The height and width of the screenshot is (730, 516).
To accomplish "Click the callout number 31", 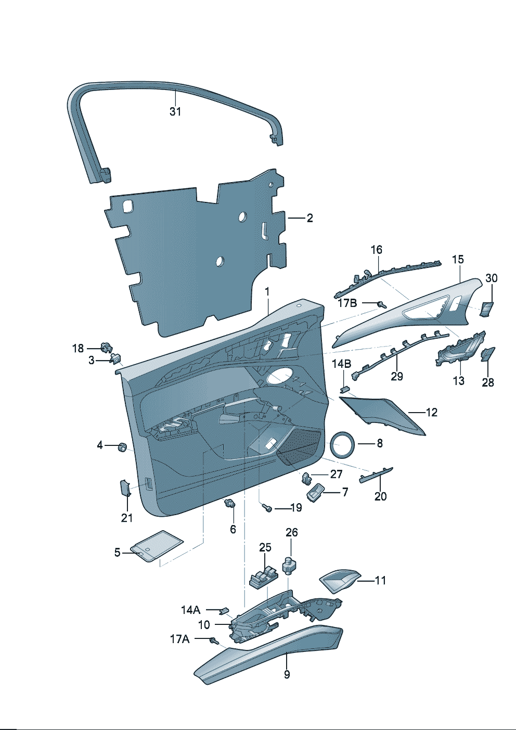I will [175, 111].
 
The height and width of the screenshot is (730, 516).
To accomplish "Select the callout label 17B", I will [347, 303].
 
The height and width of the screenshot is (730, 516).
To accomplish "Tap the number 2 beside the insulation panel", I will [309, 218].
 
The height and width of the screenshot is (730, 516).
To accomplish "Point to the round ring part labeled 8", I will [343, 444].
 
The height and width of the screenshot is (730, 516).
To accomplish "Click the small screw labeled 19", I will [267, 507].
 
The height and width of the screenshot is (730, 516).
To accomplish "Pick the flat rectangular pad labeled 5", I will [156, 546].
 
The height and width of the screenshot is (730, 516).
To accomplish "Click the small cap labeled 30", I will [487, 308].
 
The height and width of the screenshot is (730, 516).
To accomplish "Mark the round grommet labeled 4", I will [123, 446].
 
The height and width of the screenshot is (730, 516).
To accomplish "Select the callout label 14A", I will [190, 610].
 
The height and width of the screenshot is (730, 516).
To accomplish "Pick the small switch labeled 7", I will [315, 491].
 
